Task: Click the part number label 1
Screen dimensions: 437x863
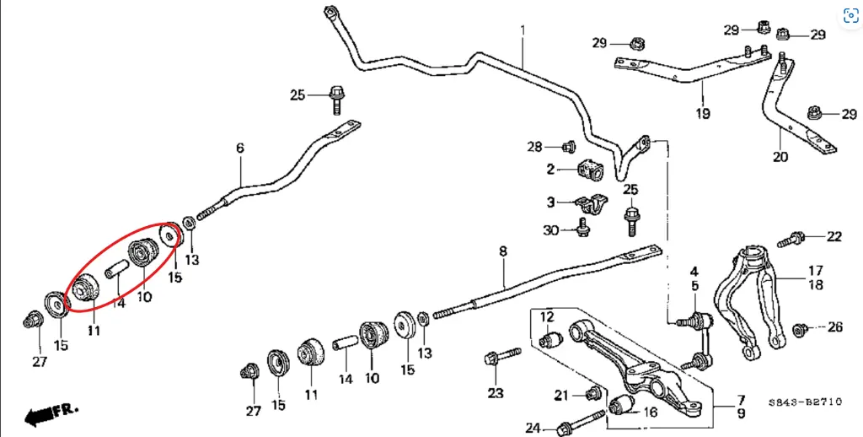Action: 523,30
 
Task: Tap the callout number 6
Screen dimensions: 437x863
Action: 240,148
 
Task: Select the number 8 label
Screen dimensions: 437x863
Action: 503,251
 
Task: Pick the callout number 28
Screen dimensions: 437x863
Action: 535,148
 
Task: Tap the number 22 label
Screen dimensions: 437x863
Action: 834,237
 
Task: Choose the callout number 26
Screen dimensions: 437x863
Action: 834,327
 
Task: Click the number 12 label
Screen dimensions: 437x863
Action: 548,317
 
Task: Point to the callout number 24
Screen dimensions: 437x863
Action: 533,428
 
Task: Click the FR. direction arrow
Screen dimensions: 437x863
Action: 51,413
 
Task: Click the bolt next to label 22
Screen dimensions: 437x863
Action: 791,240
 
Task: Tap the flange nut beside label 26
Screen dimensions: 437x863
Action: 802,327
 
